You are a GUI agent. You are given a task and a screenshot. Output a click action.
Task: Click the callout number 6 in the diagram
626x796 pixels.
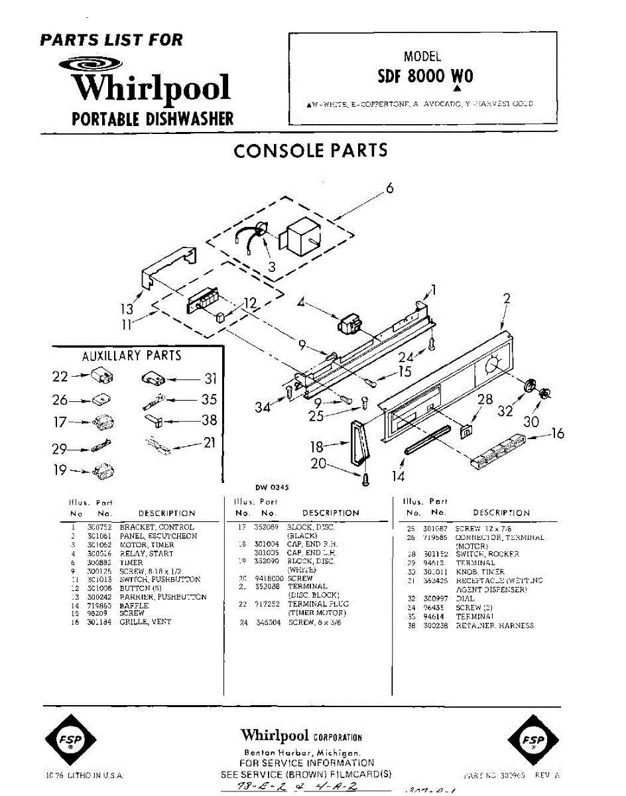coord(390,189)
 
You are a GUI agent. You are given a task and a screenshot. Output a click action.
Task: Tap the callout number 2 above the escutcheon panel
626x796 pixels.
coord(507,299)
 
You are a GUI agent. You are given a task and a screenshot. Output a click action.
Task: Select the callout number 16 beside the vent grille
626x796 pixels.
coord(558,434)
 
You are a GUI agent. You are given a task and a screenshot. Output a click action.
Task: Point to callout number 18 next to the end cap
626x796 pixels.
coord(317,446)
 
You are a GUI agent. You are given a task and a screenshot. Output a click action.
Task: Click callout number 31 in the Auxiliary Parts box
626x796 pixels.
coord(211,379)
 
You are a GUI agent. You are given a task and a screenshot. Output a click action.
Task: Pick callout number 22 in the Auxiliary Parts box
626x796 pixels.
coord(60,377)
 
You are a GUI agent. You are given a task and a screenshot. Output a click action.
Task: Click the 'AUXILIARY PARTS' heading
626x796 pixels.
coord(131,356)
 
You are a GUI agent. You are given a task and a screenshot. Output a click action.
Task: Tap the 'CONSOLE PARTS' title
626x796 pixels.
coord(310,151)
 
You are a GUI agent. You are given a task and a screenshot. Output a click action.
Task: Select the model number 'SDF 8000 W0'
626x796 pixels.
coord(425,76)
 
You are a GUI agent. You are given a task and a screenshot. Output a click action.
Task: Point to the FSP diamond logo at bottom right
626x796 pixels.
coord(532,740)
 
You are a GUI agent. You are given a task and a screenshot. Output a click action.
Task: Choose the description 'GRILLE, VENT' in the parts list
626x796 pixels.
coord(145,622)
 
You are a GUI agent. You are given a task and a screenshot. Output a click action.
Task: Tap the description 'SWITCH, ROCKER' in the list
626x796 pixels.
coord(487,554)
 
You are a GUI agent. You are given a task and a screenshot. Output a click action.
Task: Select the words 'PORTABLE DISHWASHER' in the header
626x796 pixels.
coord(153,119)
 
